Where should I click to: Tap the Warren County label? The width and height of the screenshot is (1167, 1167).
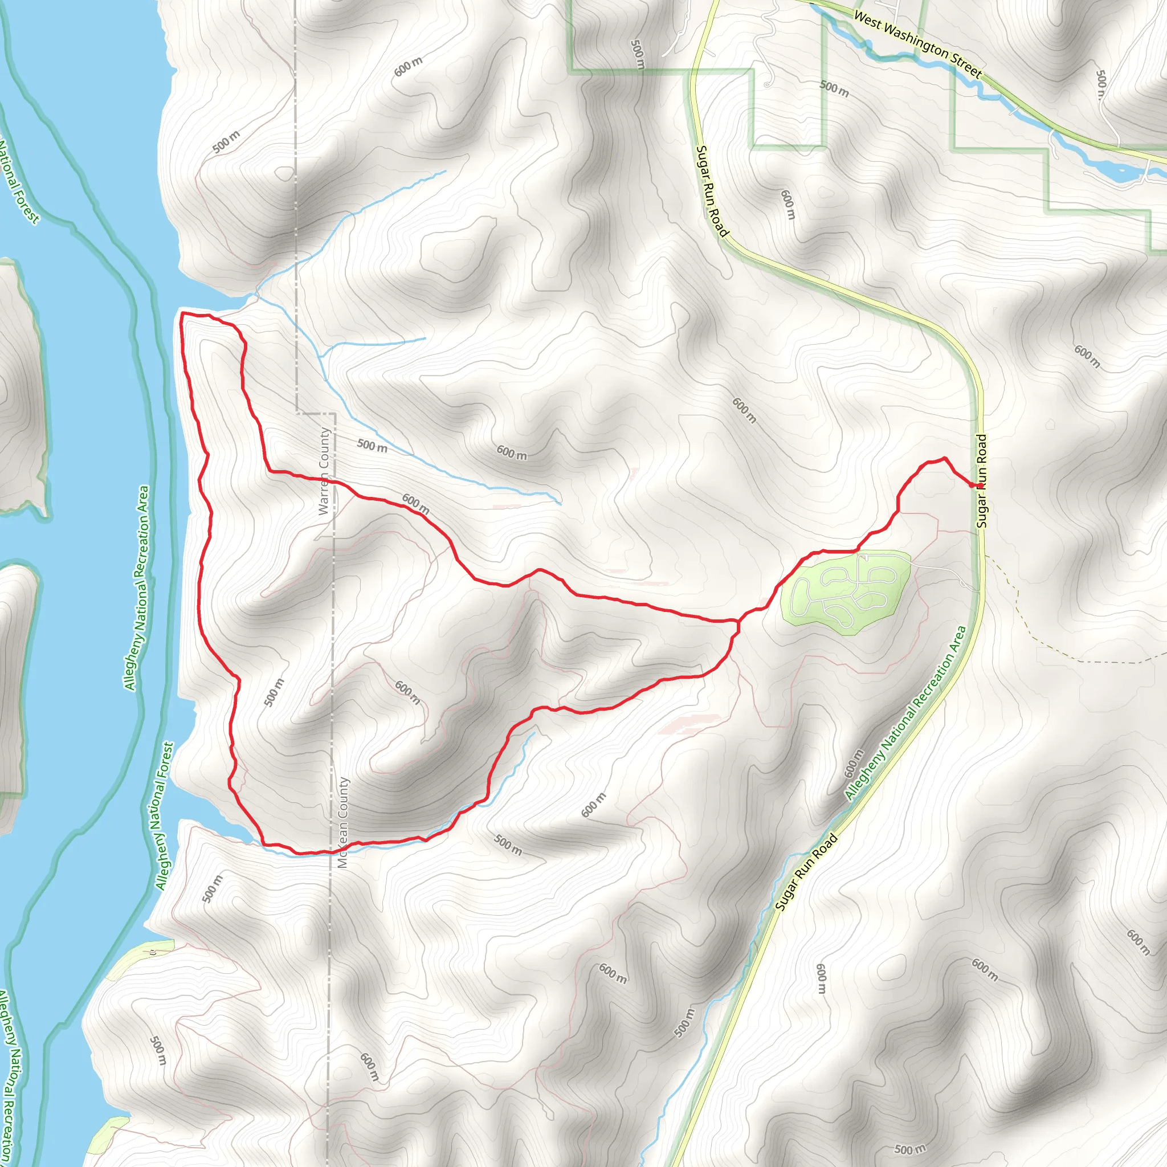[x=324, y=471]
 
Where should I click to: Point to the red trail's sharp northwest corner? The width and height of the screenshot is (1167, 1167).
[x=182, y=315]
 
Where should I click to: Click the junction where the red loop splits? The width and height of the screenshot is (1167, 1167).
[x=737, y=621]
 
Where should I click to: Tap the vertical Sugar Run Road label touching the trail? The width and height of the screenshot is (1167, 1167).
[x=982, y=481]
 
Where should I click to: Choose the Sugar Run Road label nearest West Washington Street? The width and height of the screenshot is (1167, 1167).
[x=712, y=191]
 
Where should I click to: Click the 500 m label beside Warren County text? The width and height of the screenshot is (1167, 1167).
[x=372, y=446]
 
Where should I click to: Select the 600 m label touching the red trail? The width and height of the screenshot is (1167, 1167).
[x=416, y=504]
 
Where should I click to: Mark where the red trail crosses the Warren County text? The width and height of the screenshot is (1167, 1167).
[x=325, y=479]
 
